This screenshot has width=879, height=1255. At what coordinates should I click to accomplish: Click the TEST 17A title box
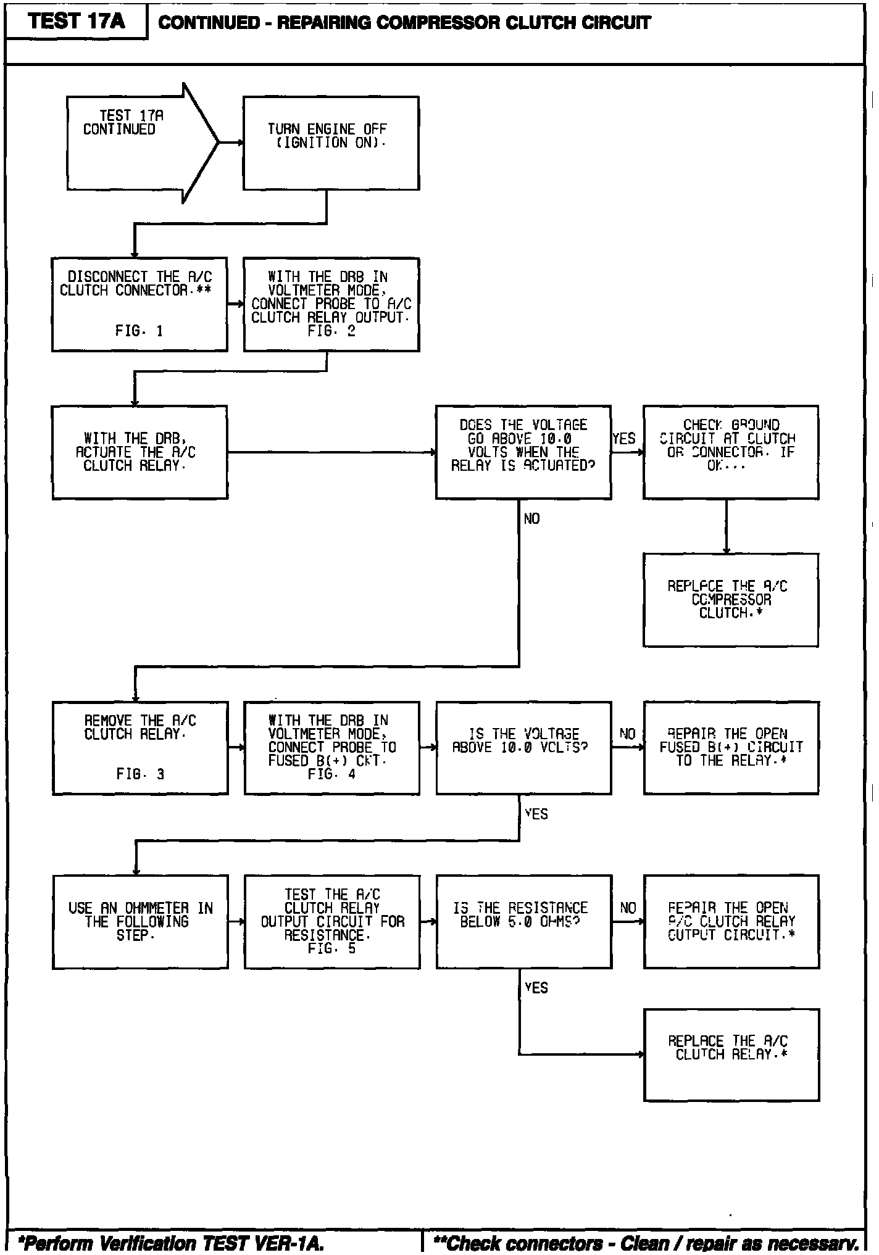pos(77,22)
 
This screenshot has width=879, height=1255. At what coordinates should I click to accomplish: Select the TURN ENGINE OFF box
pos(331,143)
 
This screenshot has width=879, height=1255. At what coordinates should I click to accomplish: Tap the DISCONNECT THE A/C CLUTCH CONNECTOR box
pos(140,304)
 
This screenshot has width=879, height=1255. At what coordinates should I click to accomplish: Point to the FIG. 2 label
pos(331,331)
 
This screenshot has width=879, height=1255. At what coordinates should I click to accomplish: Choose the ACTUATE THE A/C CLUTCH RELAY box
pos(140,452)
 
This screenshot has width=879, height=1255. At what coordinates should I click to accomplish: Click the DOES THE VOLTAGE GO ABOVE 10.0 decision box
pos(523,452)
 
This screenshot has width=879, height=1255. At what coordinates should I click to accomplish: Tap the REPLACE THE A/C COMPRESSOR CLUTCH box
pos(730,600)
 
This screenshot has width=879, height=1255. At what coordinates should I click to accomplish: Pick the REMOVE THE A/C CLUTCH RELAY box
pos(140,748)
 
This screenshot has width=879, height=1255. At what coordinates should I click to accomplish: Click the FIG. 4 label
pos(331,774)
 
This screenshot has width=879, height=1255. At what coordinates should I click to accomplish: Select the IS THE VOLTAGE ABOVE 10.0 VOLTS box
pos(523,748)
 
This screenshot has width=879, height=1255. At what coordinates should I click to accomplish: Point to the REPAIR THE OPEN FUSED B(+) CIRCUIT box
pos(731,748)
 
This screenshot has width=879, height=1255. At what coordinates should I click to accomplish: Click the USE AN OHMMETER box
pos(140,922)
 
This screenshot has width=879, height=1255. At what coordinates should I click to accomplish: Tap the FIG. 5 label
pos(331,949)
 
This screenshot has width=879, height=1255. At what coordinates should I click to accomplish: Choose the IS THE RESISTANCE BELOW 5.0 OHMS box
pos(523,922)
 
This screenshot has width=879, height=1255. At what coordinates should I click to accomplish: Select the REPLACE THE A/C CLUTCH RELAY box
pos(731,1055)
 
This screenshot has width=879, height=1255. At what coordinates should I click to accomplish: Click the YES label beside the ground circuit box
pos(624,439)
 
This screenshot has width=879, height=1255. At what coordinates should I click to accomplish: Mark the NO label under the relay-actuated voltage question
pos(531,519)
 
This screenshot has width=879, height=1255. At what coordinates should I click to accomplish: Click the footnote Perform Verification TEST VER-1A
pos(172,1243)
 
